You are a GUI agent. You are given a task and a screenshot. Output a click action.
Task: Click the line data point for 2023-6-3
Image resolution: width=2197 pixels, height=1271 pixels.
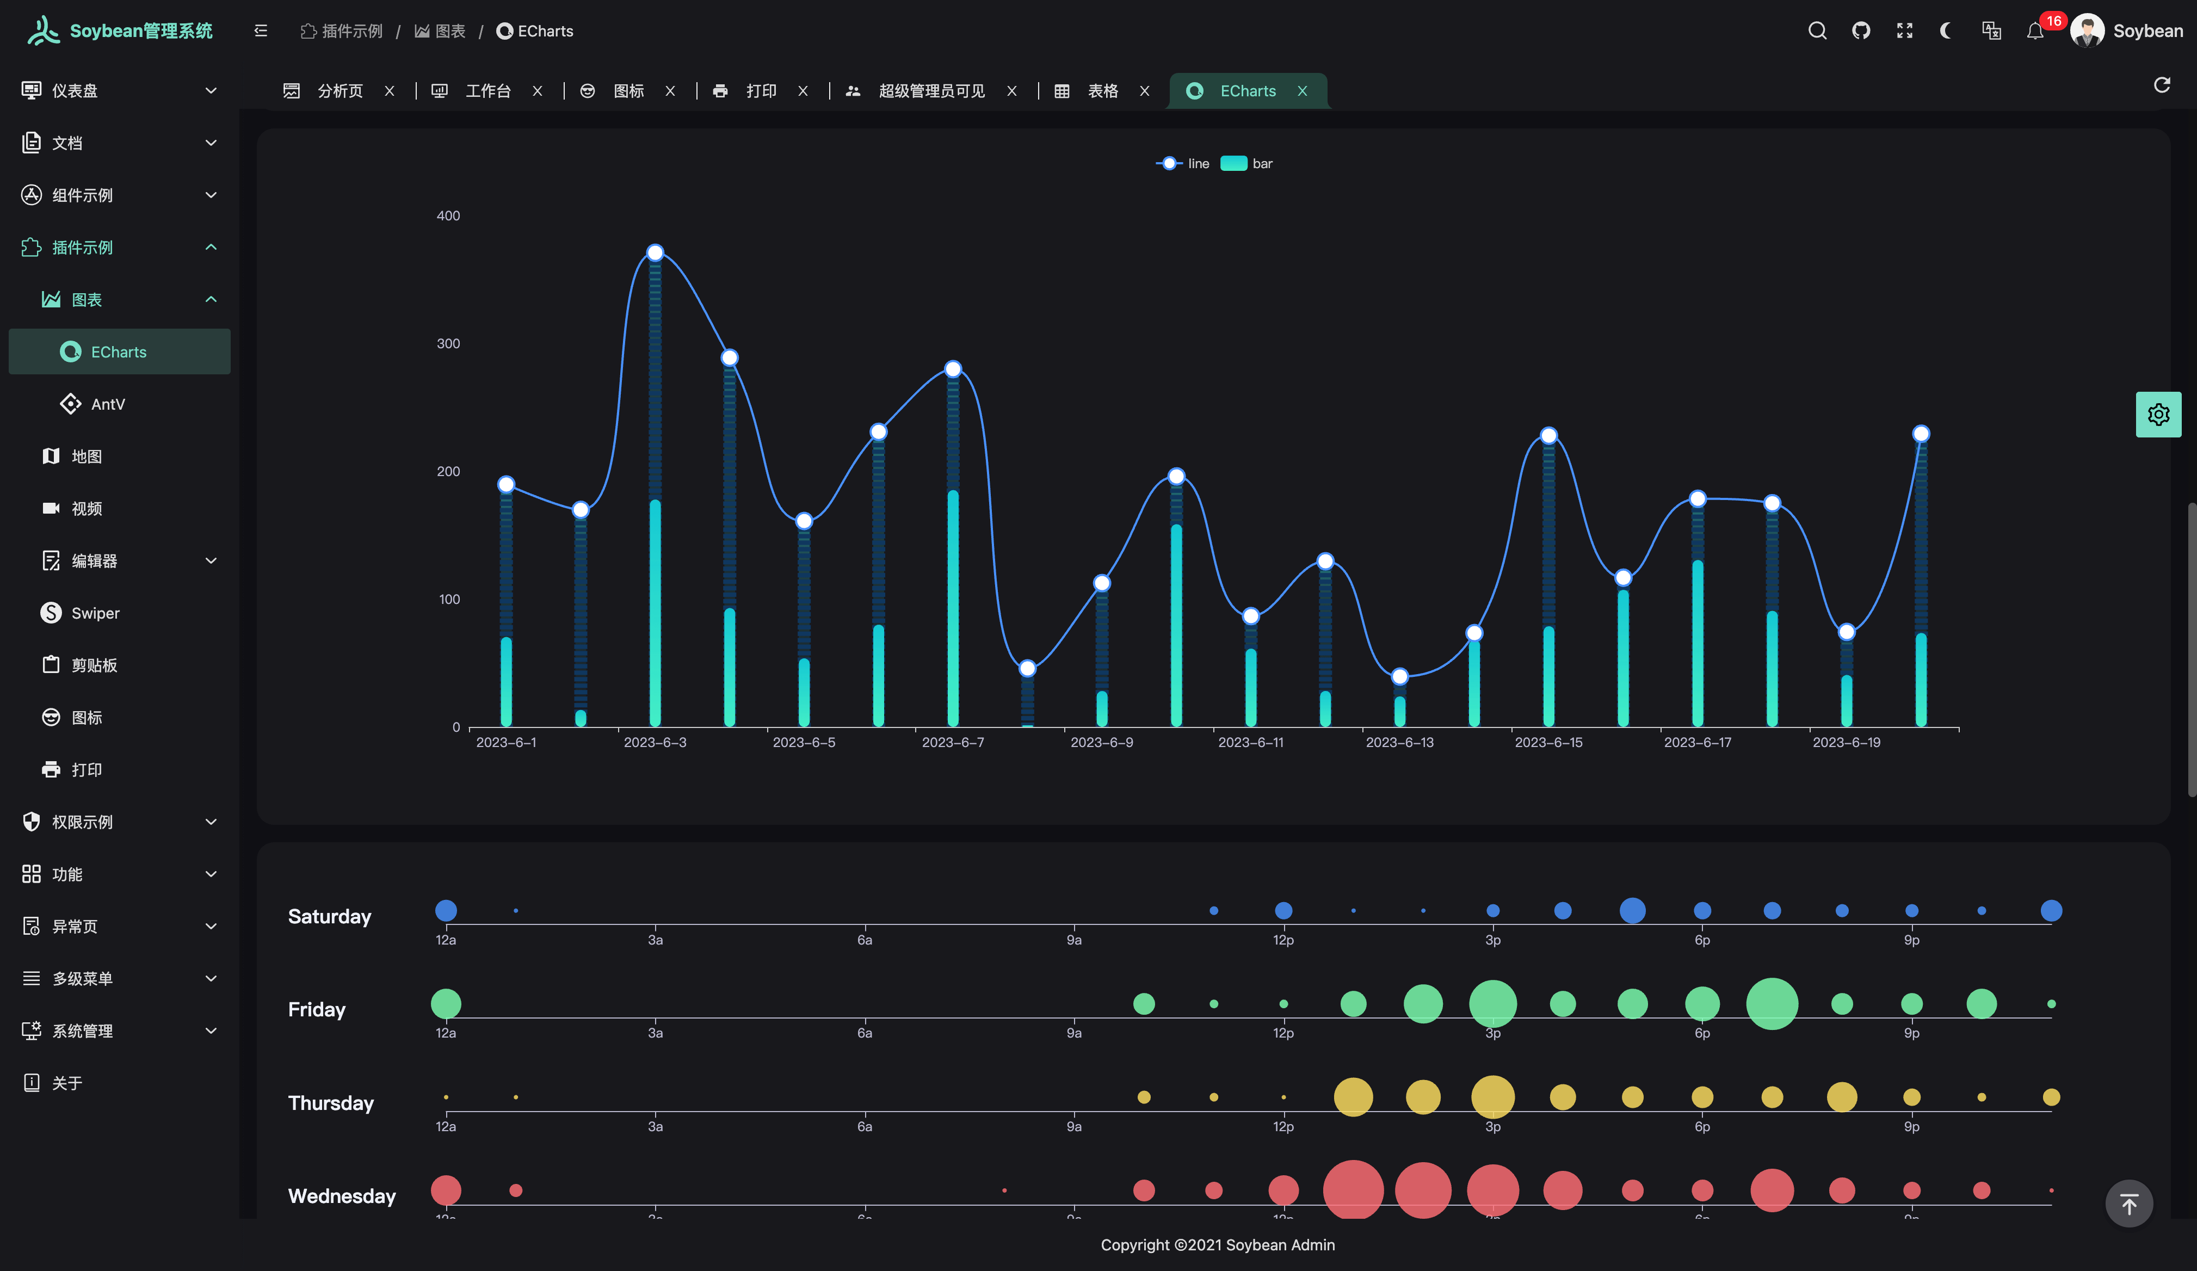click(655, 253)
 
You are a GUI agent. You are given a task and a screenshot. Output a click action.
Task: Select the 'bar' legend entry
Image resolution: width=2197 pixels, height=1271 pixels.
click(1246, 164)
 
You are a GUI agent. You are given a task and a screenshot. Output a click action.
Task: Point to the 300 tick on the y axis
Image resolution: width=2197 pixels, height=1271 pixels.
click(448, 343)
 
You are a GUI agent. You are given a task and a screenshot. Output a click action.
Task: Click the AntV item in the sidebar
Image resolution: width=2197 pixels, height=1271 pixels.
click(107, 404)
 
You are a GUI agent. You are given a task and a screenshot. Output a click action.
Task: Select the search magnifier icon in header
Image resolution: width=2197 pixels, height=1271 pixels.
click(1817, 32)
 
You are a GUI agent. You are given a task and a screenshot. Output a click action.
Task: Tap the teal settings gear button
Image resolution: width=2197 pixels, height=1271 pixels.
click(2158, 415)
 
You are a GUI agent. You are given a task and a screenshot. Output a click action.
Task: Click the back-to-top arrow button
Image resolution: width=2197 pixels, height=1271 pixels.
click(2128, 1205)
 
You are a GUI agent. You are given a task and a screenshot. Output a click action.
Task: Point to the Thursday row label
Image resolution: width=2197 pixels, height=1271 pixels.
click(330, 1103)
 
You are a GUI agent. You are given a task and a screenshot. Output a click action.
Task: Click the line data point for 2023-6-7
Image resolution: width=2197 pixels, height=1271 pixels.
click(953, 369)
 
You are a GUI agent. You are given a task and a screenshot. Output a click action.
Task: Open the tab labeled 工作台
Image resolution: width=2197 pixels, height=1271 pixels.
click(487, 91)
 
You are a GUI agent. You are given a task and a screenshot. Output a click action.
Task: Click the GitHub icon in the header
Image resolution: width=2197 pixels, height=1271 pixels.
click(1860, 32)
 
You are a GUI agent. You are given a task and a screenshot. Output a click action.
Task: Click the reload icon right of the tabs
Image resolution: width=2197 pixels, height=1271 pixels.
click(2161, 85)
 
